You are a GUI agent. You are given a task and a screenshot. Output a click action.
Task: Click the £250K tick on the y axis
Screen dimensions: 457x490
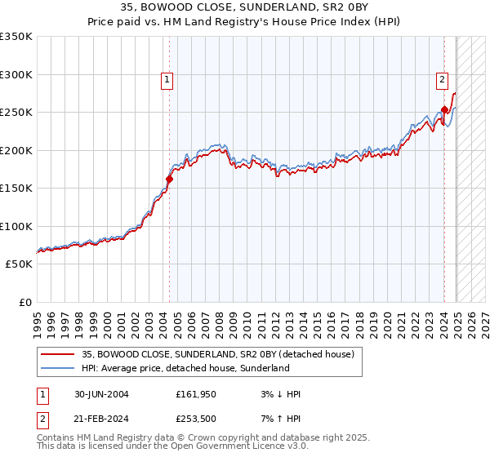(x=16, y=113)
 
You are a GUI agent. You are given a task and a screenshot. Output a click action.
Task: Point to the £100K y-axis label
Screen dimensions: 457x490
(x=16, y=226)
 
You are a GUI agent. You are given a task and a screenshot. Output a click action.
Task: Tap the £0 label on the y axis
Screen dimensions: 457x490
(x=24, y=302)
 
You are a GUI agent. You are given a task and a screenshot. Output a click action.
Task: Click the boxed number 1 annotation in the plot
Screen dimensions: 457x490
(x=167, y=80)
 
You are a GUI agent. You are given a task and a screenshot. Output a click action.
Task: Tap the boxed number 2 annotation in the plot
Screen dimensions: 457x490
(x=442, y=80)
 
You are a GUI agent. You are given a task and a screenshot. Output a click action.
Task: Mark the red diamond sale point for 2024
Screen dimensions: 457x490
(x=444, y=109)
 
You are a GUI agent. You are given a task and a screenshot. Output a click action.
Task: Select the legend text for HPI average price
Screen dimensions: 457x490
(x=185, y=368)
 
